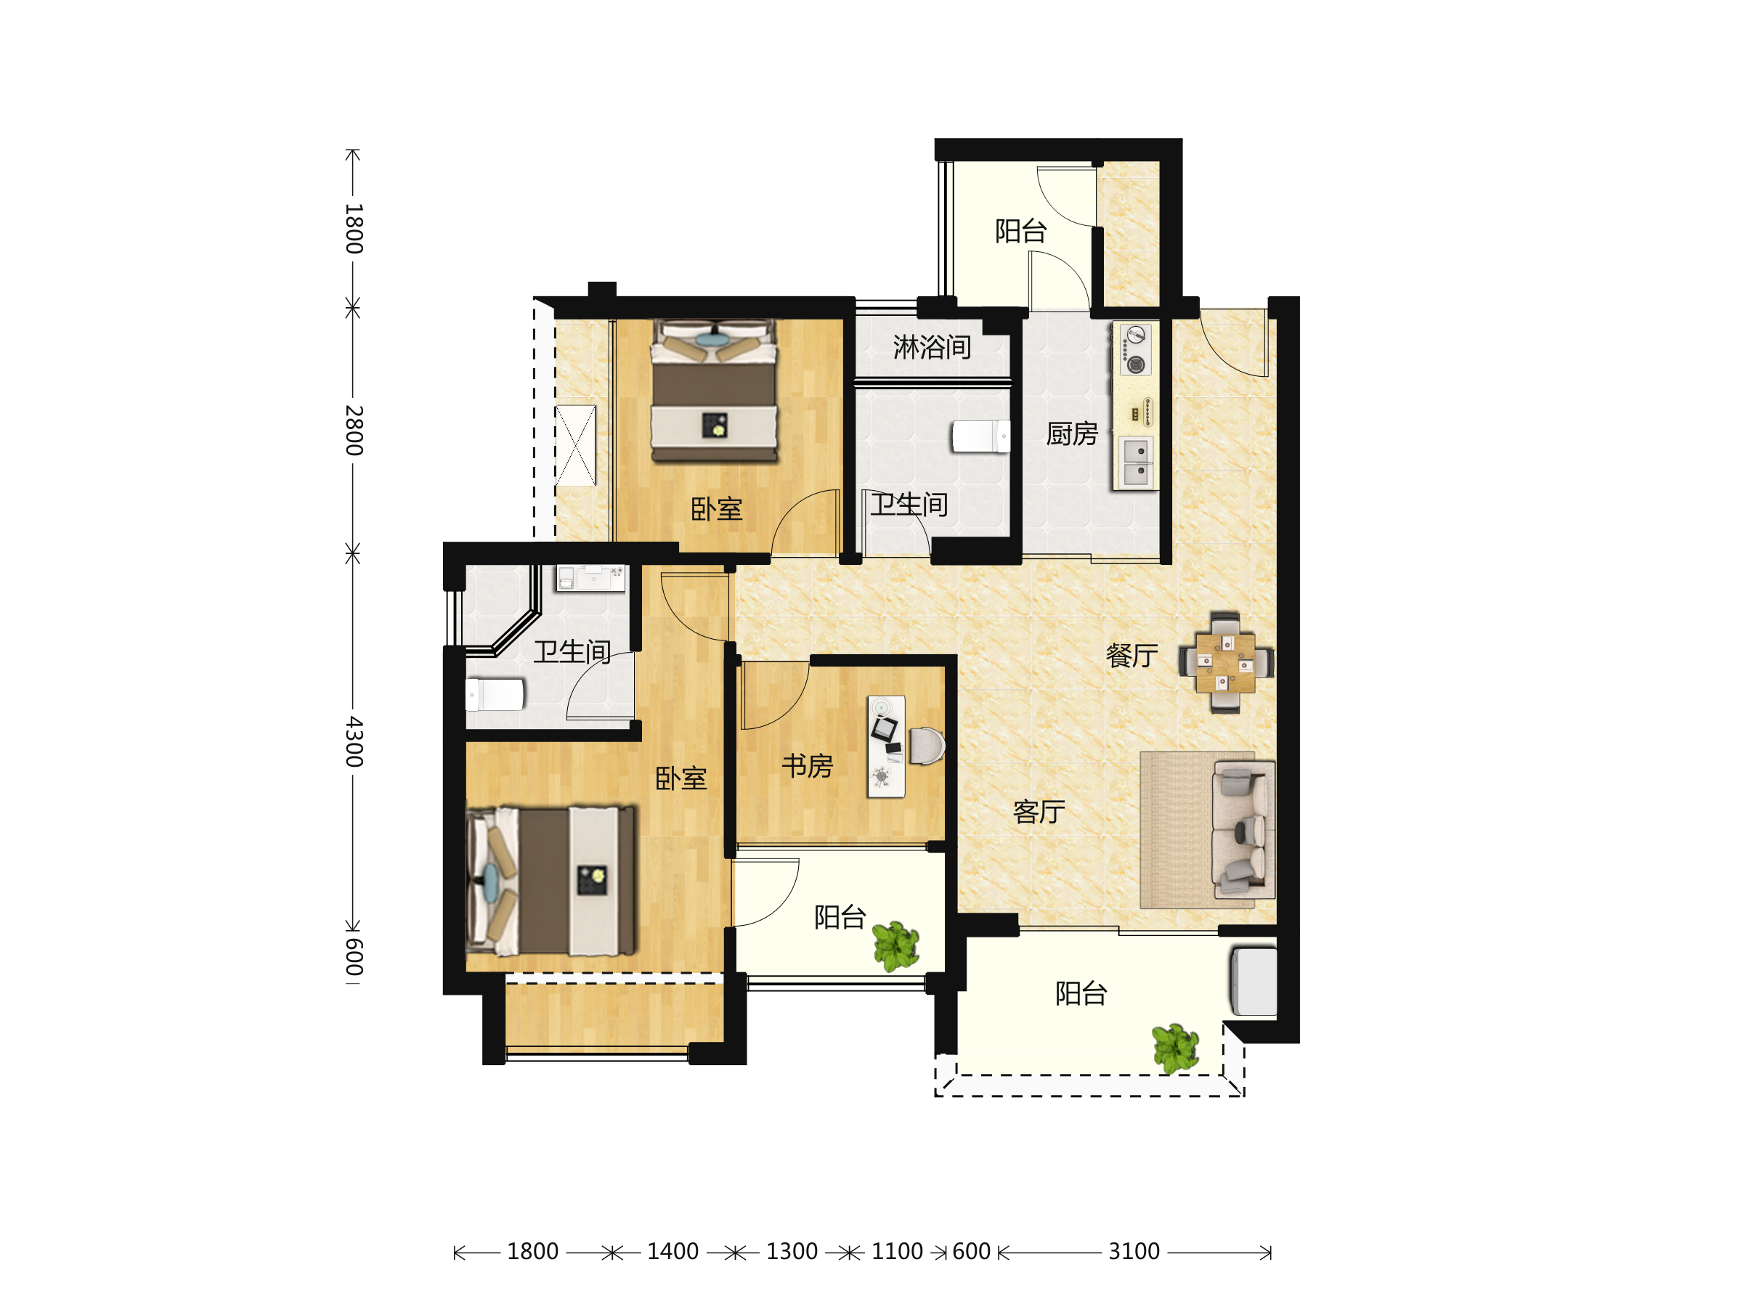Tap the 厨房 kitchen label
[x=1072, y=434]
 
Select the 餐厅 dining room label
[x=1131, y=656]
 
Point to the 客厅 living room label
[x=1039, y=813]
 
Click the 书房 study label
[x=808, y=766]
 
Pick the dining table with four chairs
[x=1225, y=662]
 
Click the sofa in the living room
[x=1244, y=829]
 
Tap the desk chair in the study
[x=927, y=745]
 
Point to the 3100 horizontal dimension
[x=1134, y=1252]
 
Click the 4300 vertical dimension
[x=354, y=741]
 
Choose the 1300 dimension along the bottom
[x=792, y=1252]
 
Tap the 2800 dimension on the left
[x=354, y=430]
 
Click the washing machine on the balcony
[x=1254, y=982]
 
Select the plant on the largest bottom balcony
[x=1176, y=1049]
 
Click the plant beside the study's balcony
[x=896, y=946]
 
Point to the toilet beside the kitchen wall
[x=981, y=436]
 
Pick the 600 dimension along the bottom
[x=971, y=1252]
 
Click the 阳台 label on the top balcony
[x=1020, y=232]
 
